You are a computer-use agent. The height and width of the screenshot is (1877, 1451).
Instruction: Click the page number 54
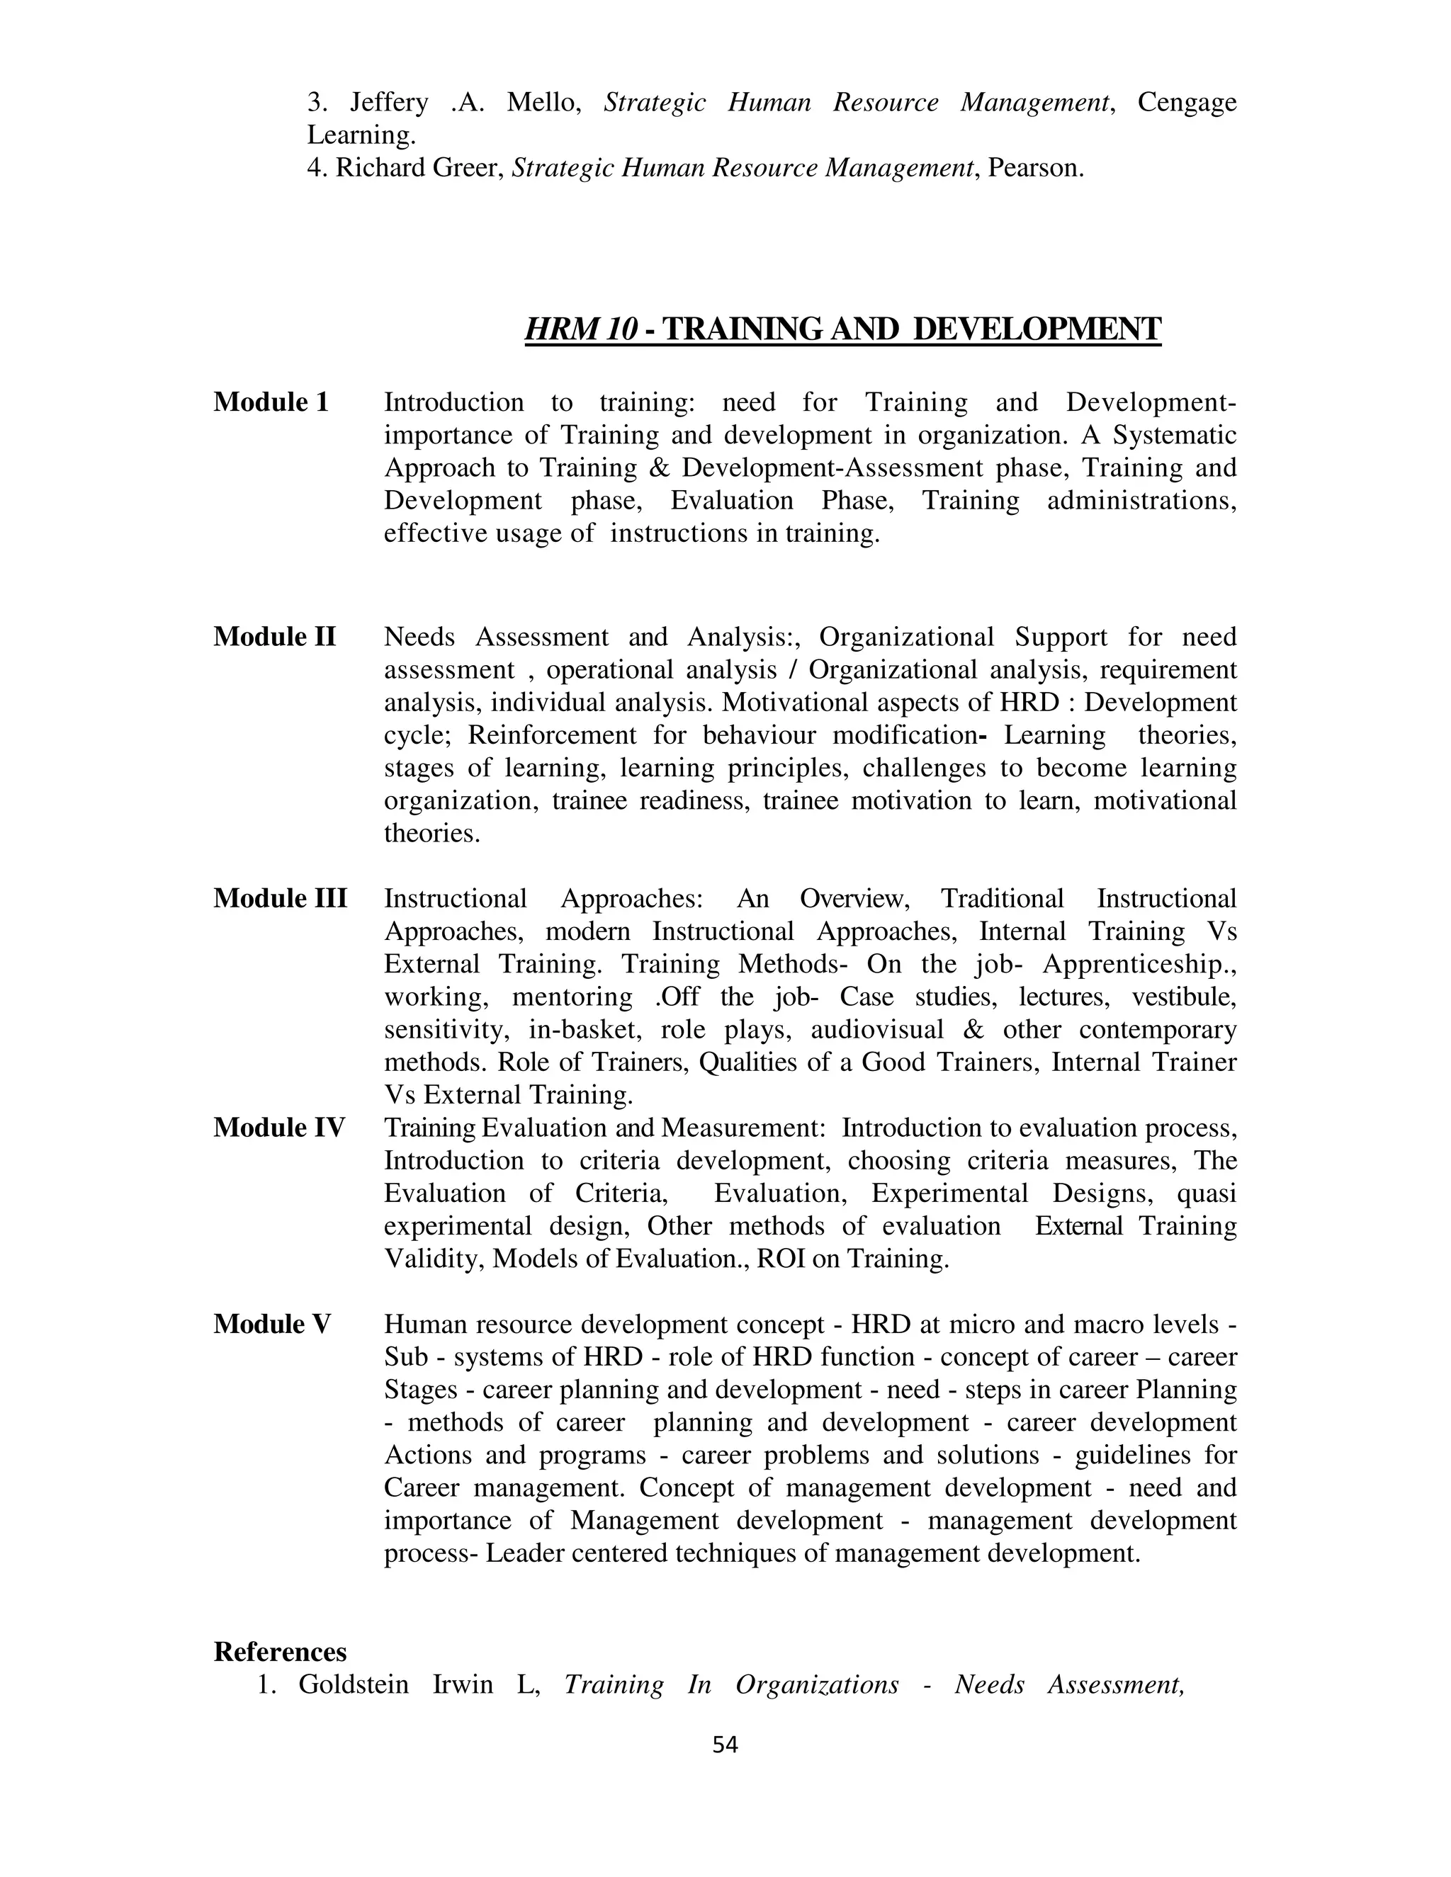[725, 1745]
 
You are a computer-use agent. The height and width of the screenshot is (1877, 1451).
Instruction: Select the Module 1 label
[271, 402]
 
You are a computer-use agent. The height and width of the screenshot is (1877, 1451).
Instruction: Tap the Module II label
[274, 637]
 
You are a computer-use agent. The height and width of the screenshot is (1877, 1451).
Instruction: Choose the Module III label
[281, 898]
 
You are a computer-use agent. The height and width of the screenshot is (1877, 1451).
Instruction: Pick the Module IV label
[279, 1128]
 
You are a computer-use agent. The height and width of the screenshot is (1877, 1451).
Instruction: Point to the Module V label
[271, 1325]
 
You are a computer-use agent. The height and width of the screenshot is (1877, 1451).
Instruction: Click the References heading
[281, 1651]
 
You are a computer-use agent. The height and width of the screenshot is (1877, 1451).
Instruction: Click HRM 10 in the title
[581, 329]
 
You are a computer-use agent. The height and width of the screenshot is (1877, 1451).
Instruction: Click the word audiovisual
[877, 1030]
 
